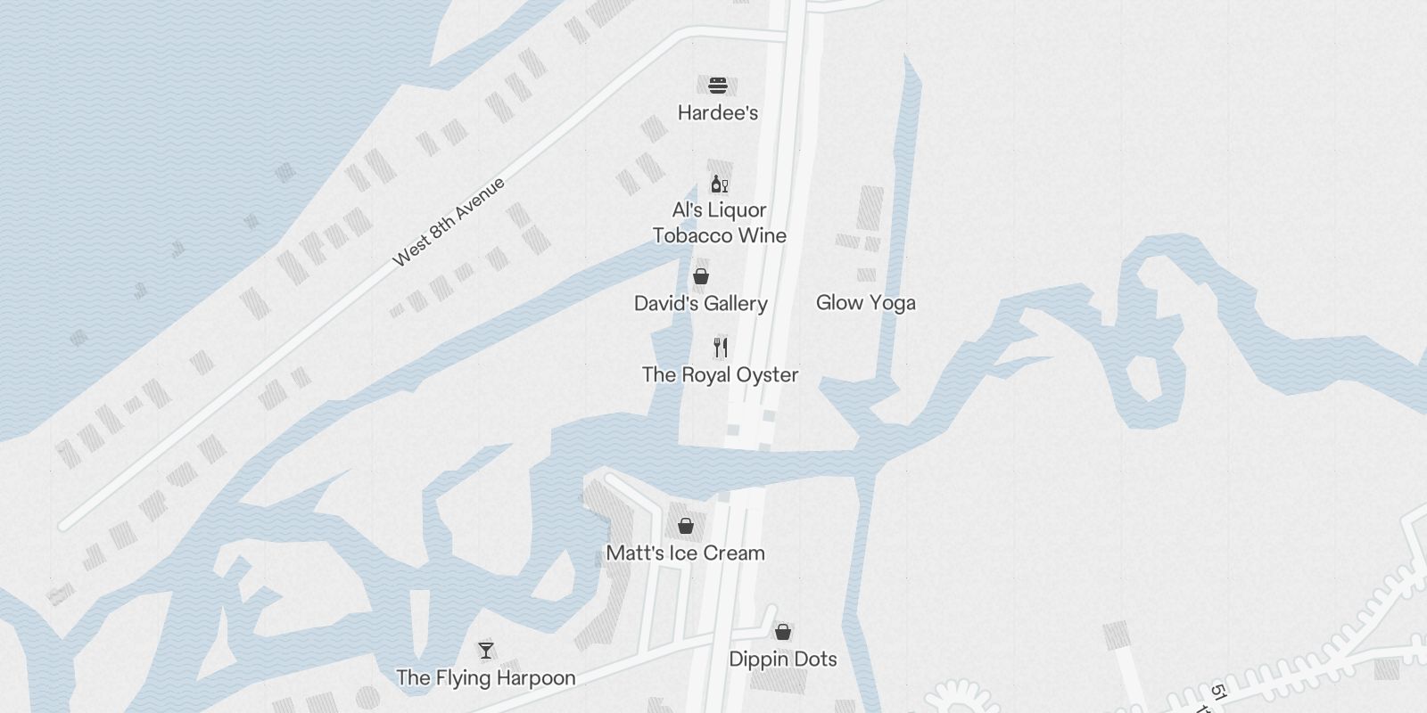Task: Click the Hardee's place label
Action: (718, 113)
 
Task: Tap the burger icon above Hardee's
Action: (718, 86)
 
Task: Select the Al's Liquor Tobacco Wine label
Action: (719, 223)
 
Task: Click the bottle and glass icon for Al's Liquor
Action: (719, 184)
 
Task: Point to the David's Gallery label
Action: (700, 304)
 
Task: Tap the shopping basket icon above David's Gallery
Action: (701, 276)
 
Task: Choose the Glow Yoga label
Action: (865, 303)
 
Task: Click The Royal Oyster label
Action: (720, 375)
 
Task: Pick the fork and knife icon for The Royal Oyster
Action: (721, 348)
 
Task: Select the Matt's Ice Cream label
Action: (685, 553)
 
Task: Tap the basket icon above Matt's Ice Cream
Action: (685, 526)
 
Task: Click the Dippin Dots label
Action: (782, 660)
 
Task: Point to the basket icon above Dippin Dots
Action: (782, 632)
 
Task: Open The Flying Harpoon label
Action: (485, 678)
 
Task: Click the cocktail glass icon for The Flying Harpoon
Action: (485, 651)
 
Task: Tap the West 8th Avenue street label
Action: (449, 222)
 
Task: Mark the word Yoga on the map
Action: (892, 303)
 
